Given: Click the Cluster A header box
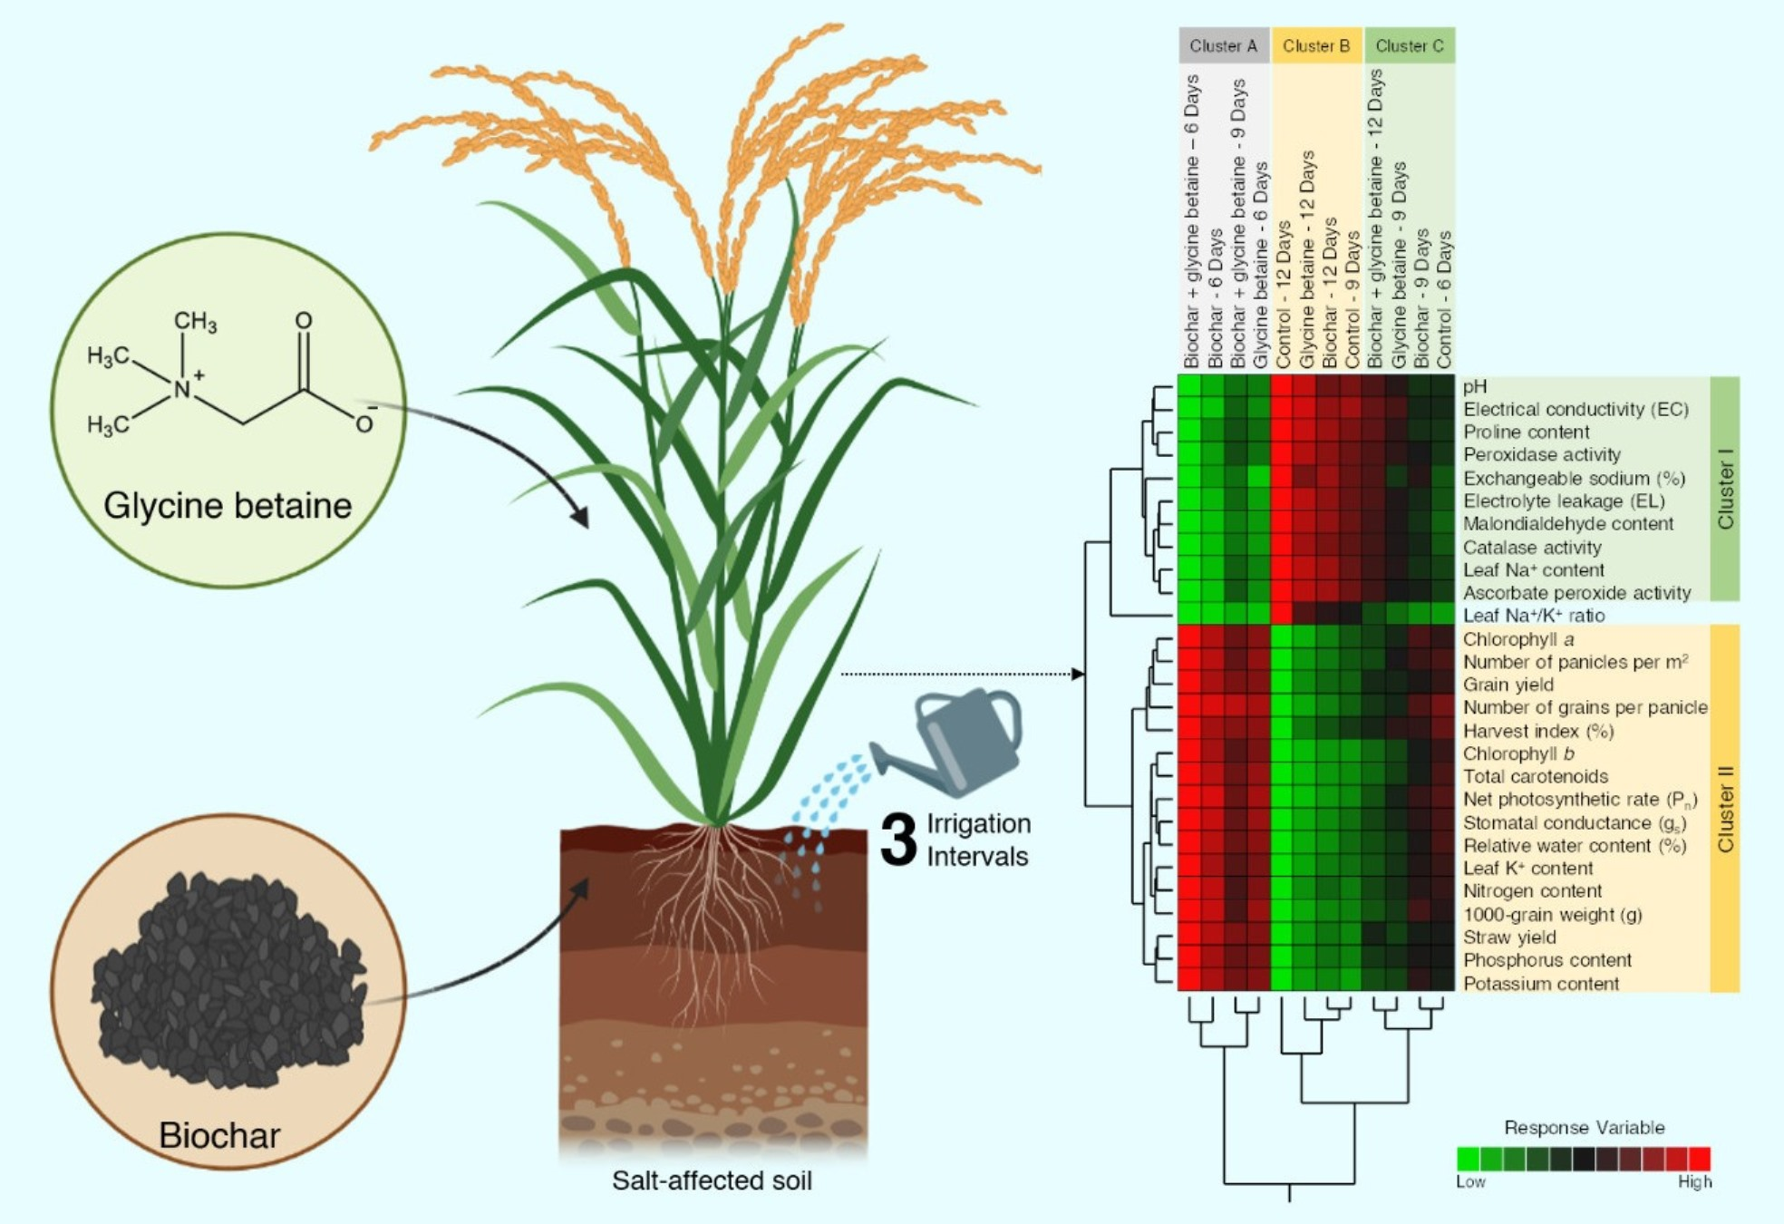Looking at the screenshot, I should click(1223, 45).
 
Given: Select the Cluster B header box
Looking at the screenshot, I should click(1316, 45).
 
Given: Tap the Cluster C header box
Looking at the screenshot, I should click(1409, 45).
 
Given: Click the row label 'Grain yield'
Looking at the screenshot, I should click(1508, 685).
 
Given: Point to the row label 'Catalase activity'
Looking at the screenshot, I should click(1532, 547).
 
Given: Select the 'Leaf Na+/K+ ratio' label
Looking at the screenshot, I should click(1533, 616).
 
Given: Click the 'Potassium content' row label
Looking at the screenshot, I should click(1540, 983).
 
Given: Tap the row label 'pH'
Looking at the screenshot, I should click(1475, 386).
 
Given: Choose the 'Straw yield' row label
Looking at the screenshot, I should click(1508, 937).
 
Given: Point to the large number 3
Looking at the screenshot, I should click(898, 840).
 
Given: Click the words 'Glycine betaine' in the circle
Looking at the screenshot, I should click(228, 506).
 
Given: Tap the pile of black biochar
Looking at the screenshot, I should click(227, 979).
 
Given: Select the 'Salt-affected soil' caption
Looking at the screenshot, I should click(712, 1180).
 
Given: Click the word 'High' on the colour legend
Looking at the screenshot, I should click(1693, 1181).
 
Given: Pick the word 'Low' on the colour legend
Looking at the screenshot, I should click(1470, 1181).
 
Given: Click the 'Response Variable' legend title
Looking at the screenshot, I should click(1584, 1127).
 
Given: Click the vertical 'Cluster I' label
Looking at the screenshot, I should click(1725, 495).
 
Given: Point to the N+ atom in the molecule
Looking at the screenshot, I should click(184, 387).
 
